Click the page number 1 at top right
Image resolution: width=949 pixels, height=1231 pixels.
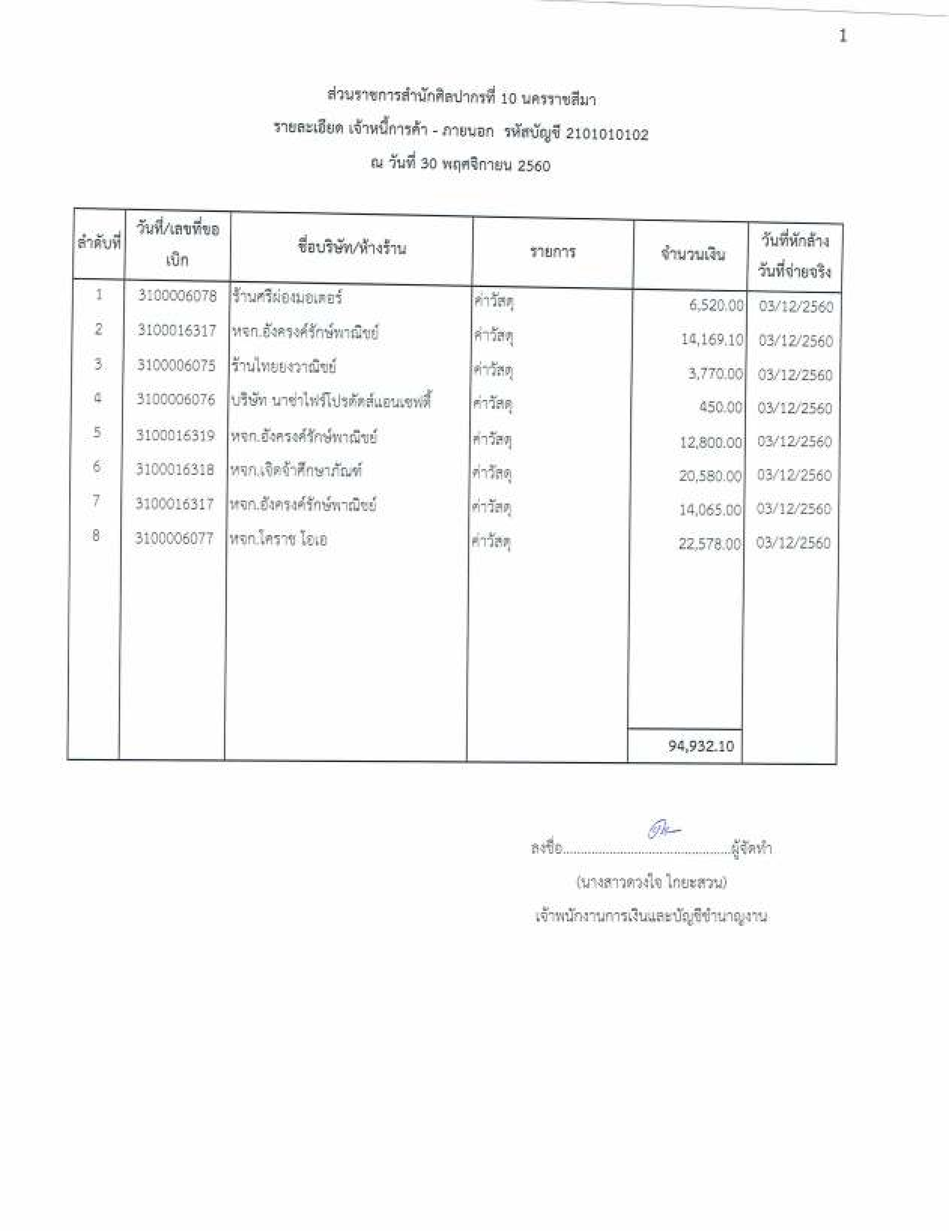[842, 37]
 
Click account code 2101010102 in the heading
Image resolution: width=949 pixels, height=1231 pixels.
[607, 134]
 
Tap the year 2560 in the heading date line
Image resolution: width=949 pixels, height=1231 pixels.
[533, 165]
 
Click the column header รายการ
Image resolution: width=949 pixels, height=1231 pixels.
[553, 251]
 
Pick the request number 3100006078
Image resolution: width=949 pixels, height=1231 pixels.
[177, 296]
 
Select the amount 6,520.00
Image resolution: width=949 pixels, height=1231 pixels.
[716, 305]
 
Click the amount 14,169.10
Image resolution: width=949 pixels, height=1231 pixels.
[712, 339]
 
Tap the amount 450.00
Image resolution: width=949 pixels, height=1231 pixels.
[720, 407]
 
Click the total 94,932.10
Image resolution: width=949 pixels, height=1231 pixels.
[701, 746]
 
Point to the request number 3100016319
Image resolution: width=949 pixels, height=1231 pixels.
[175, 435]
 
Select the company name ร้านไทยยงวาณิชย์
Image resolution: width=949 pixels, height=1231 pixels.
[283, 366]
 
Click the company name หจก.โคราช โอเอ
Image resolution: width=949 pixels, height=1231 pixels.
[278, 540]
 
